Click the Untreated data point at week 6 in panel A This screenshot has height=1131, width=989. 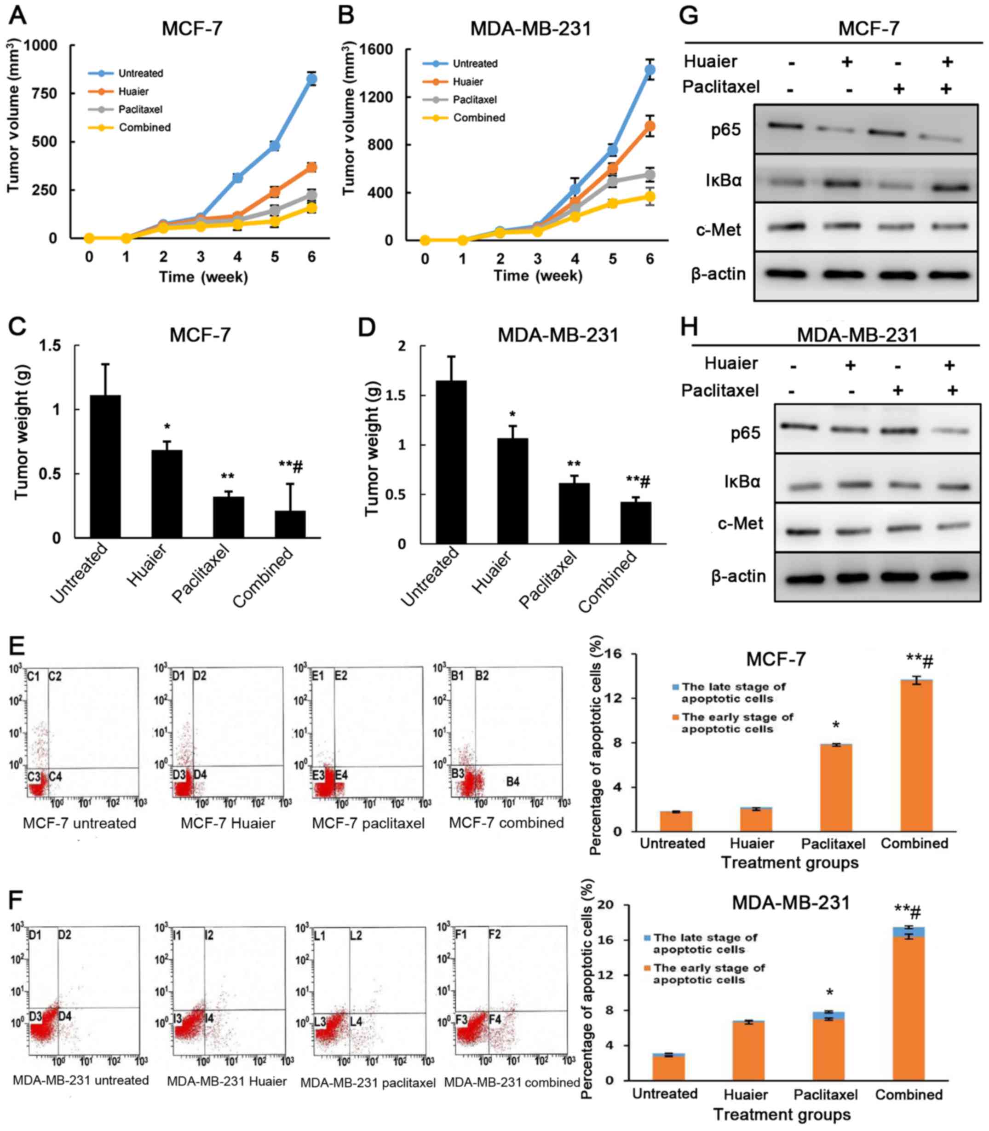click(312, 80)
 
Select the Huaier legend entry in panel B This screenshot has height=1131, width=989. click(467, 82)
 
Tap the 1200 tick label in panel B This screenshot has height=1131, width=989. click(376, 98)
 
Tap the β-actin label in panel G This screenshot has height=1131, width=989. click(718, 274)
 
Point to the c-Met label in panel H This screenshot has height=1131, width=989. click(740, 523)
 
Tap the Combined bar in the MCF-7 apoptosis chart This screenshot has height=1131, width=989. click(916, 756)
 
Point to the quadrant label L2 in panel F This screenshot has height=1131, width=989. click(356, 936)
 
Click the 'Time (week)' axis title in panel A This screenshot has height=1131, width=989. click(203, 277)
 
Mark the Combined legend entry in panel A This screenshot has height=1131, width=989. click(144, 127)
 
